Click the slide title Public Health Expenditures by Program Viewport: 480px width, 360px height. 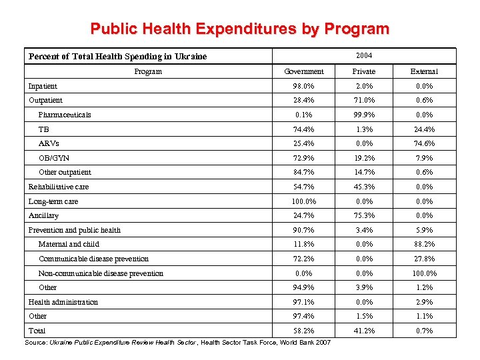tap(239, 29)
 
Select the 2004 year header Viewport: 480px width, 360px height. tap(364, 55)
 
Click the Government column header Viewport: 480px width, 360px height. tap(304, 71)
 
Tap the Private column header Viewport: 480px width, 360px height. tap(364, 71)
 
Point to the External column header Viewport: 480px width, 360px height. tap(424, 71)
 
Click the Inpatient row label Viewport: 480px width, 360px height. tap(43, 86)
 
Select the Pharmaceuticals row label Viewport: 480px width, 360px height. tap(65, 115)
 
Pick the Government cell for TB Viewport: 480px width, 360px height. tap(304, 129)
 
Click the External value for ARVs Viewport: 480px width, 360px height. tap(424, 143)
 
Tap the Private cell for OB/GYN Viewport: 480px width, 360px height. tap(364, 158)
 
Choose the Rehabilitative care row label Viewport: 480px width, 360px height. tap(59, 187)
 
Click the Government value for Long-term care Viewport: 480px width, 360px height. tap(304, 201)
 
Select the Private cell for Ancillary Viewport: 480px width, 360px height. tap(364, 215)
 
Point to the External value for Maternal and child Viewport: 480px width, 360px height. tap(424, 244)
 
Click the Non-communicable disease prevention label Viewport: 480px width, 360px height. tap(101, 273)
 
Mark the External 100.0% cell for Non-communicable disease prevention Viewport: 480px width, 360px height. tap(424, 273)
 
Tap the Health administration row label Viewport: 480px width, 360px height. tap(63, 302)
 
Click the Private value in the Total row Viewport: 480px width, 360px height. tap(364, 331)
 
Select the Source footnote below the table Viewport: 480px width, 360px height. tap(177, 343)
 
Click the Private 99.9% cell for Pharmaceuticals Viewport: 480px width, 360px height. tap(364, 115)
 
